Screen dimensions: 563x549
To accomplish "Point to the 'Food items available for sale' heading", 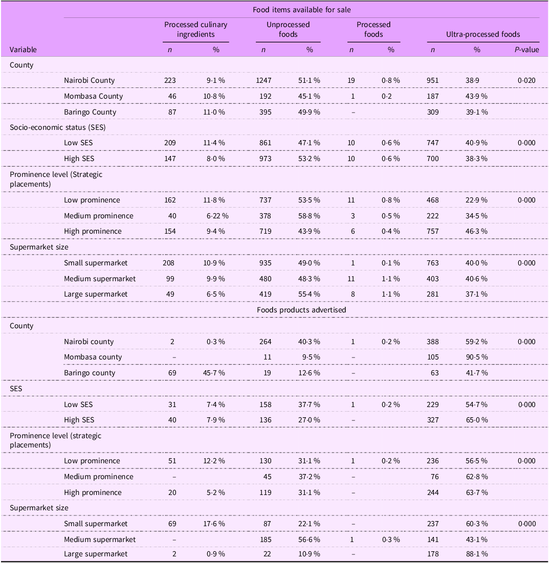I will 301,9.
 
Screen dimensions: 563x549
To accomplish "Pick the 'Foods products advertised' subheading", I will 301,310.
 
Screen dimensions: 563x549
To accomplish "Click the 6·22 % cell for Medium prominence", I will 218,216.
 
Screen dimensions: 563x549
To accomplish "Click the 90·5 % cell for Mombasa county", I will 477,357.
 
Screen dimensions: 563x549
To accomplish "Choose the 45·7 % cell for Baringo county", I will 217,373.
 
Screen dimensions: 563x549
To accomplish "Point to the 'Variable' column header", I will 23,50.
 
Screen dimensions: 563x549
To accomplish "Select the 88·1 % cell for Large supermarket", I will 477,554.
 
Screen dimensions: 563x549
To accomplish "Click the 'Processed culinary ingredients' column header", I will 195,29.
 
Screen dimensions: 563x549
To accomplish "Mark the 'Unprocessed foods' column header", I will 288,29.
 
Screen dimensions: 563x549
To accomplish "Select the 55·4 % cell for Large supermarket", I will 310,294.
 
